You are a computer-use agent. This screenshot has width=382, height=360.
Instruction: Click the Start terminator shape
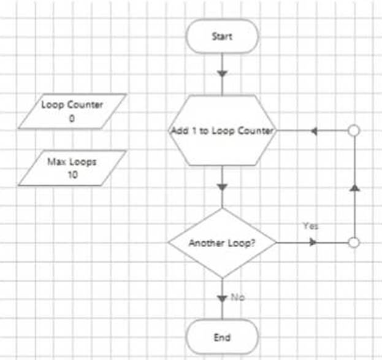(222, 36)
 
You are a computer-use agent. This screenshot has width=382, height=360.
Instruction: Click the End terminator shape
(222, 337)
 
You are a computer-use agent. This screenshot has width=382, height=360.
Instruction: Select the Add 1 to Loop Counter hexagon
(222, 131)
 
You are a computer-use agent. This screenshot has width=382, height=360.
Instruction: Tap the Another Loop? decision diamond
(222, 243)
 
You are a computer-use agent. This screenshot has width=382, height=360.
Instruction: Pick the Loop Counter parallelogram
(72, 111)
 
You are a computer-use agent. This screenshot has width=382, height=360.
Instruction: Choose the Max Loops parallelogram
(72, 167)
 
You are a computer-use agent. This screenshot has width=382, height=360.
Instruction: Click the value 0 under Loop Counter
(72, 119)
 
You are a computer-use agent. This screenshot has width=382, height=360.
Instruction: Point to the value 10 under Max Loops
(72, 174)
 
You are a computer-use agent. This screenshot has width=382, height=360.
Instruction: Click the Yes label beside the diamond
(310, 226)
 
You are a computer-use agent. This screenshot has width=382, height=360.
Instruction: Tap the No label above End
(238, 297)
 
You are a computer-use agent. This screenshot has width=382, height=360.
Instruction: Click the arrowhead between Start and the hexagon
(222, 74)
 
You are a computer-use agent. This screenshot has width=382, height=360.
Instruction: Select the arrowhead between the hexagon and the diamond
(222, 186)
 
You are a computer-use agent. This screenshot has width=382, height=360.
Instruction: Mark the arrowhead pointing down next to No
(222, 298)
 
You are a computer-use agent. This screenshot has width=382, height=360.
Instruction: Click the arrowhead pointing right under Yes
(313, 243)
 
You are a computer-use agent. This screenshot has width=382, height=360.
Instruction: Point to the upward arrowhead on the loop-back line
(354, 187)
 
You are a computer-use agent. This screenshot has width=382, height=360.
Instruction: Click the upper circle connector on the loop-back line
(354, 131)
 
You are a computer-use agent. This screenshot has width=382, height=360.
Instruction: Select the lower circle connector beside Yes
(354, 243)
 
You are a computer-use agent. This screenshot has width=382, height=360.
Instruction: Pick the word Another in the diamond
(202, 243)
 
